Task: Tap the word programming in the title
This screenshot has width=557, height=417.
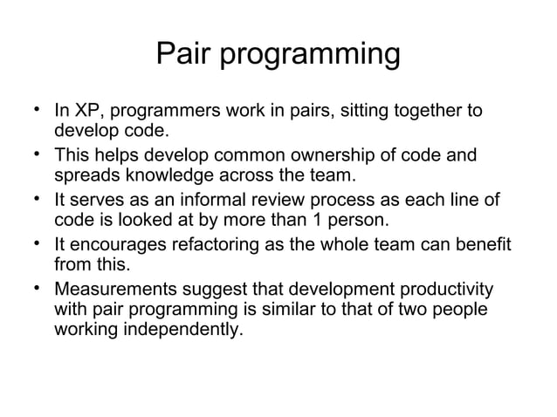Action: tap(308, 58)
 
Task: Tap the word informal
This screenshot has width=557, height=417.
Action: tap(234, 201)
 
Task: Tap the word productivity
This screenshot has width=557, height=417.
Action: tap(444, 289)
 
